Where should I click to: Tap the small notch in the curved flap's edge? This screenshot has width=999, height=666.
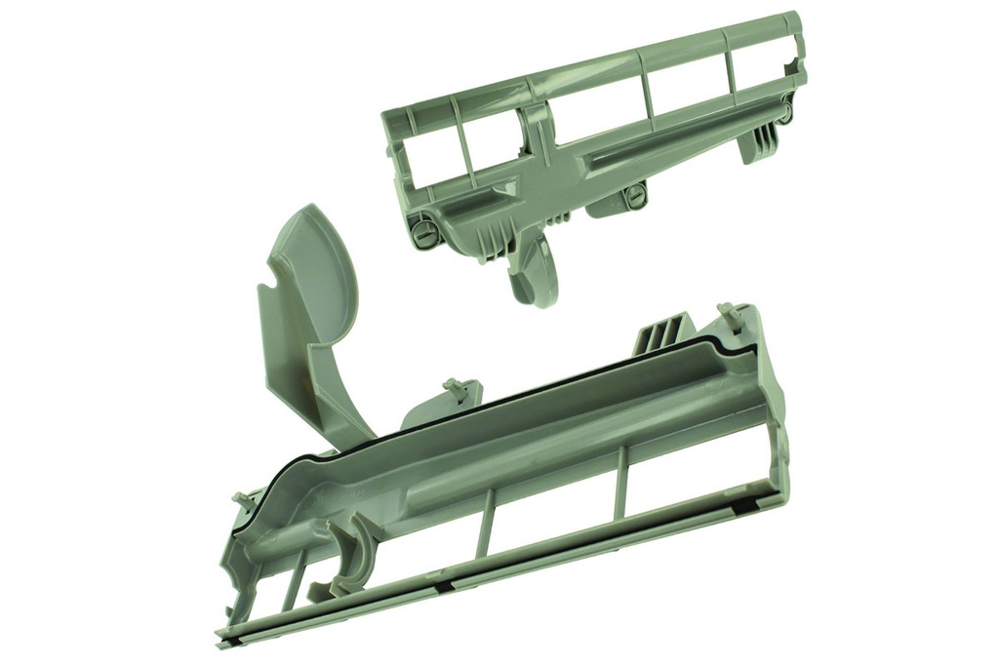click(x=266, y=290)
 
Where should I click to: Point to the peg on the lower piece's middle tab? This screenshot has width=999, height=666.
click(x=451, y=386)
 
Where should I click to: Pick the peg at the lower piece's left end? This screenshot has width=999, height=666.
click(x=240, y=500)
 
